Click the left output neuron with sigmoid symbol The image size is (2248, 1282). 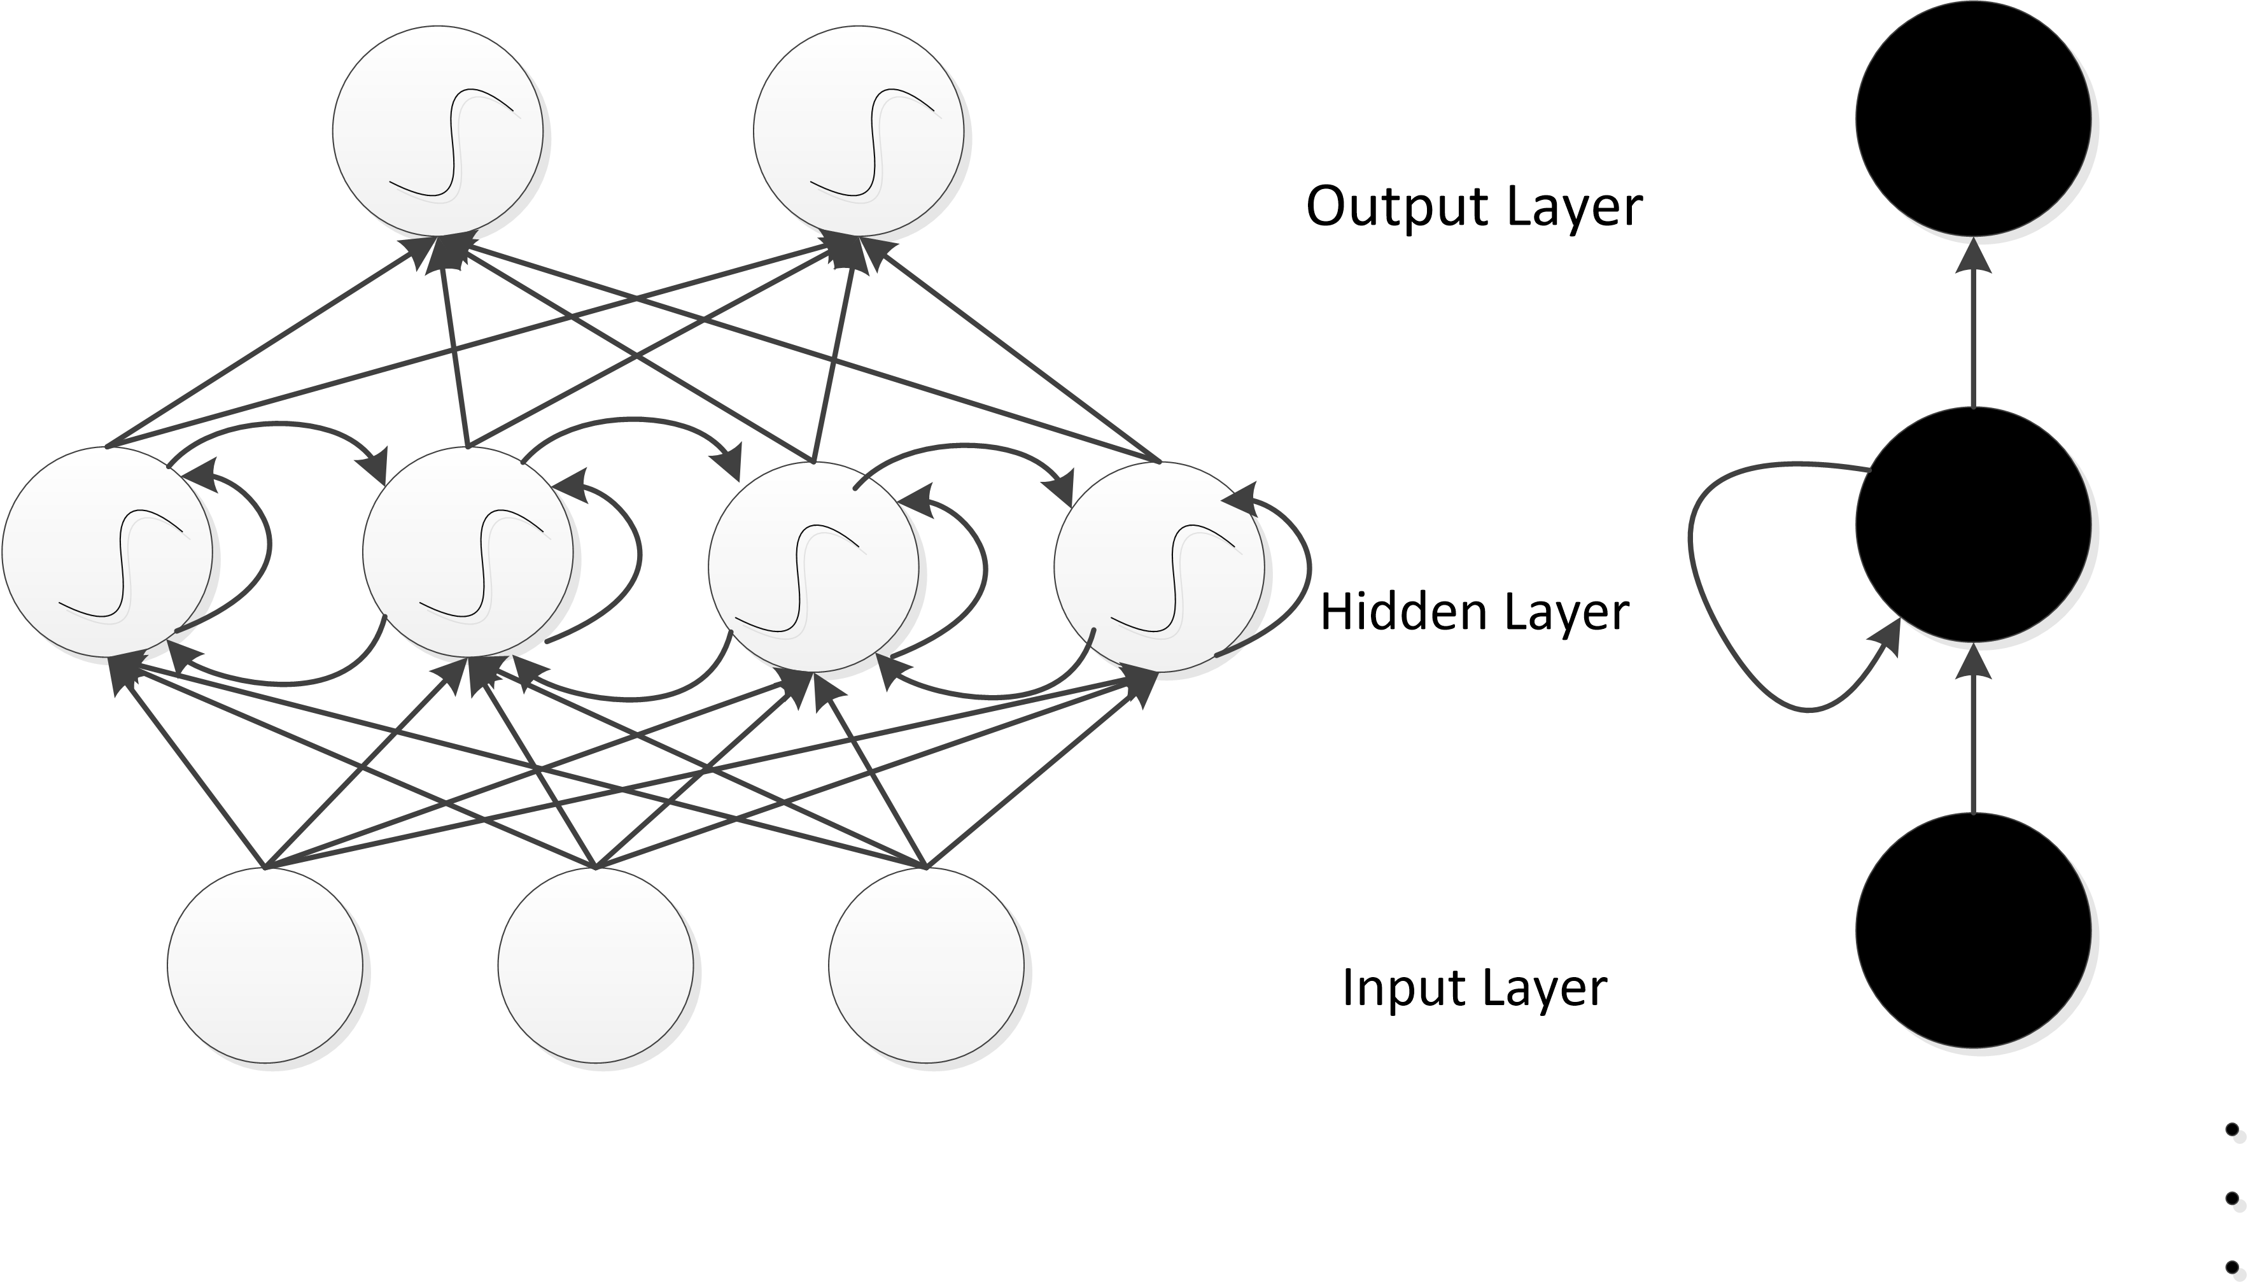[x=437, y=131]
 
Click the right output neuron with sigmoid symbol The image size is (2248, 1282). [x=858, y=131]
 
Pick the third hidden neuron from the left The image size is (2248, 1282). [x=813, y=566]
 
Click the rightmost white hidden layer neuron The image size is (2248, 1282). [x=1159, y=566]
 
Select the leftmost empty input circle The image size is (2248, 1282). [x=265, y=965]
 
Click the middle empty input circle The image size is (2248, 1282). [x=596, y=965]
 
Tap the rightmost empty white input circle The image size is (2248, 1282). [x=926, y=965]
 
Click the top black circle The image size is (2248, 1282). [x=1974, y=118]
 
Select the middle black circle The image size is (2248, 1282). [x=1974, y=525]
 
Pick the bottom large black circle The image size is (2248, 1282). [x=1974, y=931]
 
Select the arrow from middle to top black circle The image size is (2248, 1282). [x=1974, y=326]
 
